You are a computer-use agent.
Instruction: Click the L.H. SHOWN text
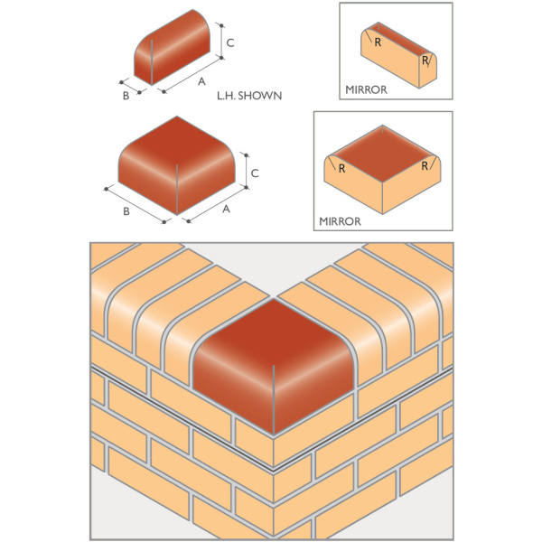coord(249,96)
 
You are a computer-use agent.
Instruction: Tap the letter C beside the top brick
coord(230,42)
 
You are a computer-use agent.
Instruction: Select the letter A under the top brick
coord(201,81)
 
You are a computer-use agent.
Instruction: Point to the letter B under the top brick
coord(126,96)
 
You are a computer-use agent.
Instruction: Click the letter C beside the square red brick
coord(255,173)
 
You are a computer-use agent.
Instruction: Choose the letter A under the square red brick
coord(226,210)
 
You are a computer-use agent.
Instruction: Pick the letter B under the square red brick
coord(126,211)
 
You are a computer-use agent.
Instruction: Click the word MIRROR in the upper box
coord(366,89)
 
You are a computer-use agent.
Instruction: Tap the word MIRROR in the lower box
coord(340,221)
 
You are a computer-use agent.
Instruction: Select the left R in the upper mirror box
coord(378,42)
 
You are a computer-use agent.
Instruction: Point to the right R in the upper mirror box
coord(425,61)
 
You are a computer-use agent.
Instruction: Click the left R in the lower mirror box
coord(341,169)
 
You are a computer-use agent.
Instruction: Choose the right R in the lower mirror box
coord(425,166)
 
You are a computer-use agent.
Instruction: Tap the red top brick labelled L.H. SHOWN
coord(173,47)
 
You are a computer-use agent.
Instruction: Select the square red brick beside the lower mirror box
coord(177,165)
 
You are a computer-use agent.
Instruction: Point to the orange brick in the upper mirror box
coord(398,55)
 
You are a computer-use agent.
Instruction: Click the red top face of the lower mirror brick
coord(382,154)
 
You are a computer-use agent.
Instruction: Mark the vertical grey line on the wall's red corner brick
coord(273,399)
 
